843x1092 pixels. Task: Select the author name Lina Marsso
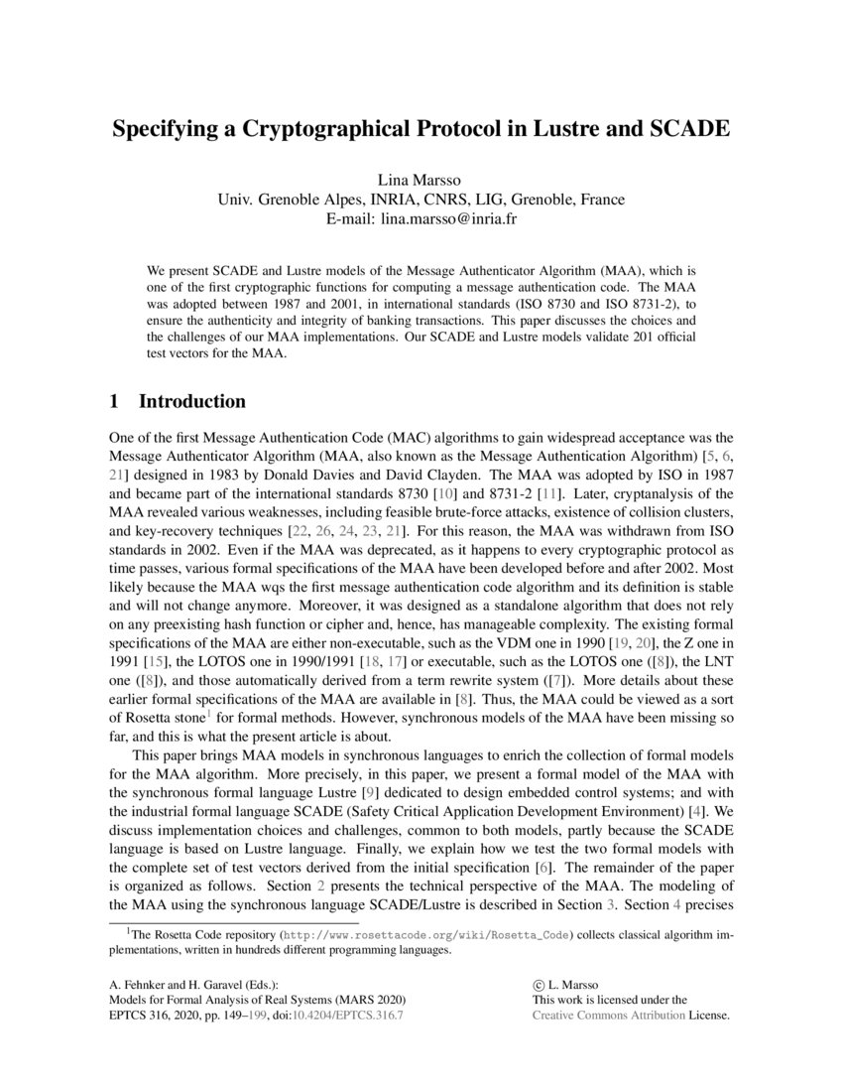(421, 180)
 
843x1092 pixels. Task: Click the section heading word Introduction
(191, 402)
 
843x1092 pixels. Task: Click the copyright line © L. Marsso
(569, 983)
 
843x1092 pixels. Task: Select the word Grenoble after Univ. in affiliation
(295, 200)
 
